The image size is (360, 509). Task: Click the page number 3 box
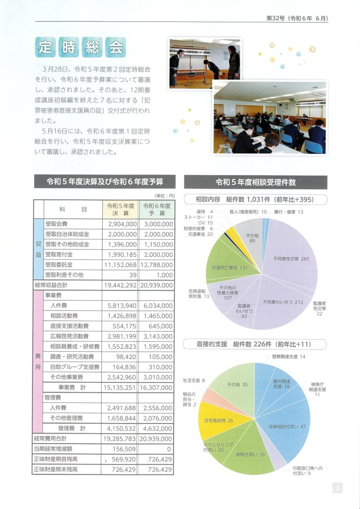[338, 488]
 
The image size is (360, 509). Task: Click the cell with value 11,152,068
[120, 264]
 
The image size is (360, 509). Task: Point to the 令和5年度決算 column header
[120, 209]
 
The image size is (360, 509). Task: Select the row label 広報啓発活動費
[72, 336]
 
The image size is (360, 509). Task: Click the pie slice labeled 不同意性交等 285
[293, 259]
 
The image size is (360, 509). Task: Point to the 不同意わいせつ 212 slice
[283, 302]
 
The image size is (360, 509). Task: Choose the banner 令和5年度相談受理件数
[256, 182]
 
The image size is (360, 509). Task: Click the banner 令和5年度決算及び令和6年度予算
[105, 182]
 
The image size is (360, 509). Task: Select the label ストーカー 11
[199, 217]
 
